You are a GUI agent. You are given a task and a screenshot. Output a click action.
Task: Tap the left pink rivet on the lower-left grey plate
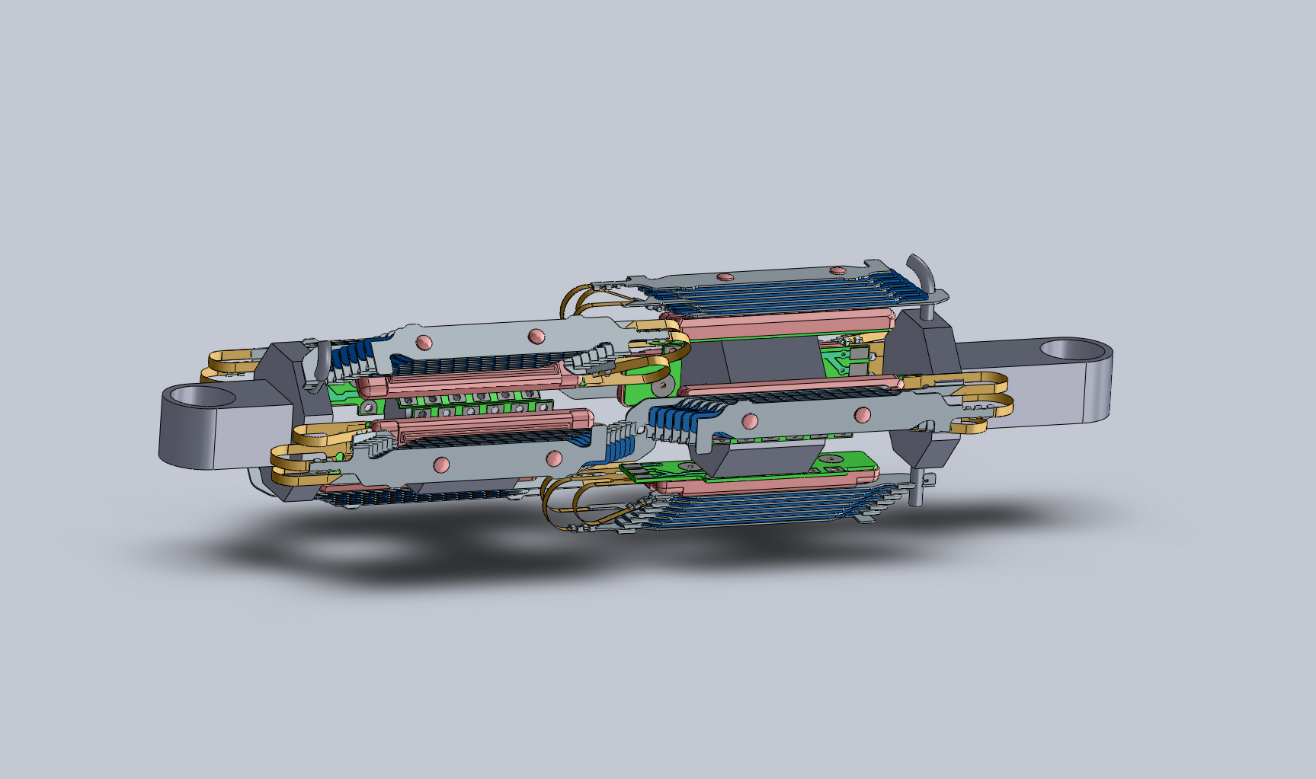coord(441,464)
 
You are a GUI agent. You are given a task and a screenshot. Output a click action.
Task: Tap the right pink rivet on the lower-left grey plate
coord(554,458)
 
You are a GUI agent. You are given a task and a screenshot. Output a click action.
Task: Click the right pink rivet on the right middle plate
coord(863,415)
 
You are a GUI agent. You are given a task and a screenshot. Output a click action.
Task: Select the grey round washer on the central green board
coord(663,386)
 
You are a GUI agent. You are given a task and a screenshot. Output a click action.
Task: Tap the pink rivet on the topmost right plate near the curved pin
coord(838,270)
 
